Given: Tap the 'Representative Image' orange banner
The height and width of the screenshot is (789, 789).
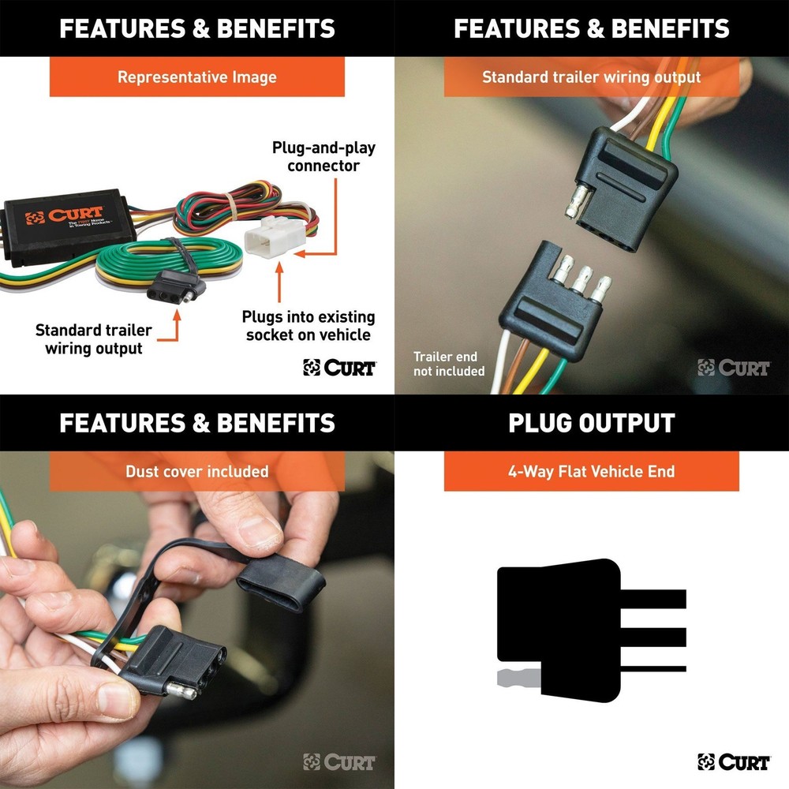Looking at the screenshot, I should click(197, 77).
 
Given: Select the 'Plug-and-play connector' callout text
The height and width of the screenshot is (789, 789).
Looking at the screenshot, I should click(323, 156).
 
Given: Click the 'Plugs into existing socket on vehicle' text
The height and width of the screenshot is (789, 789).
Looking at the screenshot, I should click(308, 326).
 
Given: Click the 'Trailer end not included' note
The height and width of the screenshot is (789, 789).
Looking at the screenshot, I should click(449, 364).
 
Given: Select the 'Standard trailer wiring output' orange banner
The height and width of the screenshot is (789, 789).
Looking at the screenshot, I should click(591, 77).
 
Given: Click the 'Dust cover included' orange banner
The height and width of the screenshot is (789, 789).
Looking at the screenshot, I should click(197, 471).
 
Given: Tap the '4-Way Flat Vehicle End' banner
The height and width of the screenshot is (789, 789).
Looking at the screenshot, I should click(591, 471).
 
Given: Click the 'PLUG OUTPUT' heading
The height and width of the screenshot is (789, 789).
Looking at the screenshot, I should click(591, 422).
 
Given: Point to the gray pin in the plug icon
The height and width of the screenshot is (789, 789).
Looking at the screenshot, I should click(518, 677).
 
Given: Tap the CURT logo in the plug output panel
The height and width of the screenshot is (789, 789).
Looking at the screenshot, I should click(734, 761).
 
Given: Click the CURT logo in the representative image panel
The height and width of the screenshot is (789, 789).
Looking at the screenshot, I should click(339, 367).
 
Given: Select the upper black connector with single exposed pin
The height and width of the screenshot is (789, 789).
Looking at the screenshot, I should click(623, 185).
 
